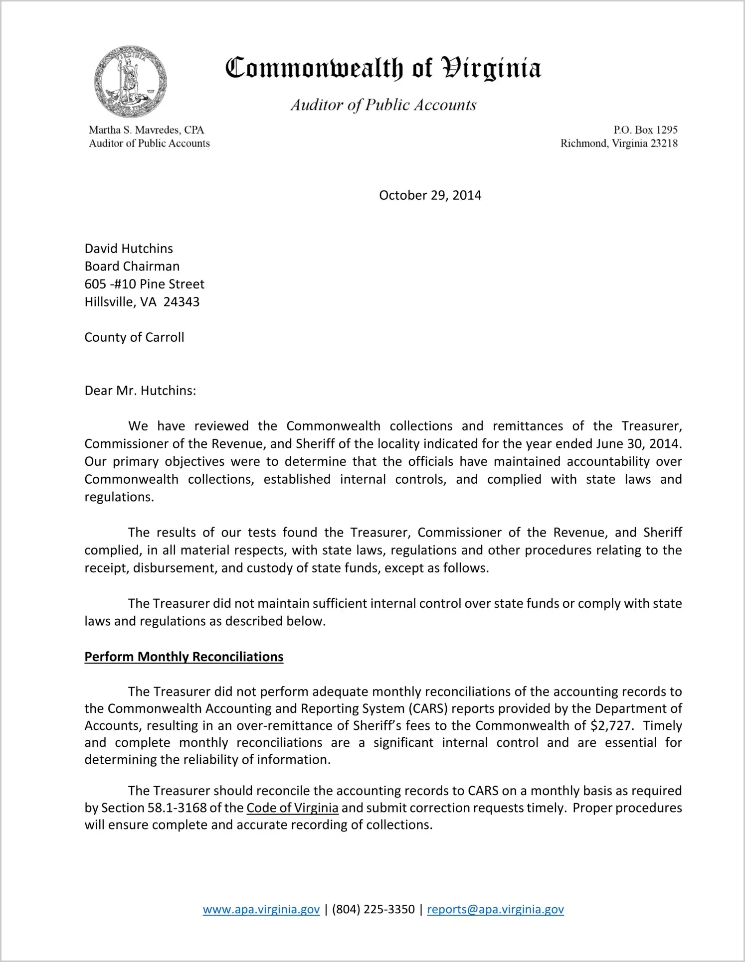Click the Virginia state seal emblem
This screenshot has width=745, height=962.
(130, 82)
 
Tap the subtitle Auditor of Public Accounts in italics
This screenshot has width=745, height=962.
(383, 105)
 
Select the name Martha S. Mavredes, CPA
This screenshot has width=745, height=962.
(147, 130)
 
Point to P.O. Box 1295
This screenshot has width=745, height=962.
(645, 130)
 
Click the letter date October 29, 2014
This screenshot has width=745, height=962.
(430, 195)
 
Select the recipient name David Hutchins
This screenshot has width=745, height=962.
(129, 249)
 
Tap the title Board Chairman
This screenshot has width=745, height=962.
(132, 266)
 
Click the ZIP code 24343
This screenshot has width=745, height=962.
(182, 302)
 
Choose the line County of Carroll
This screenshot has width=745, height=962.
(134, 337)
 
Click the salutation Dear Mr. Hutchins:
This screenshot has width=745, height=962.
(140, 391)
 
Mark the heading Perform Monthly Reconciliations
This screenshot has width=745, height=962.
(184, 657)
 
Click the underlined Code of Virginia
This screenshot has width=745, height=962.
(292, 808)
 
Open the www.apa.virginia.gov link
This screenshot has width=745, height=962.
(261, 909)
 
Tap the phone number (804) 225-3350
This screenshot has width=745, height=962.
(373, 909)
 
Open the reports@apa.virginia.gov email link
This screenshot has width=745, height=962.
(495, 909)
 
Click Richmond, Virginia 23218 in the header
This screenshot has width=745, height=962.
(619, 143)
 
